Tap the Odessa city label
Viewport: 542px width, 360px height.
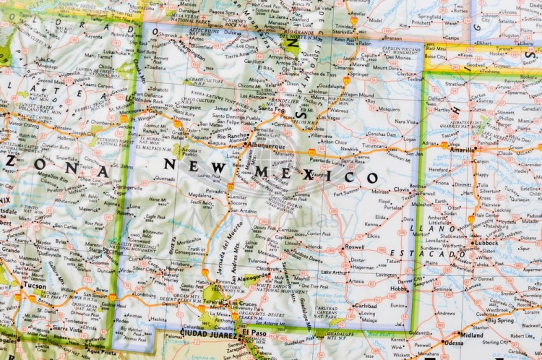[455, 343]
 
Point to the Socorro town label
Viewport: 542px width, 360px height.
[239, 202]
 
